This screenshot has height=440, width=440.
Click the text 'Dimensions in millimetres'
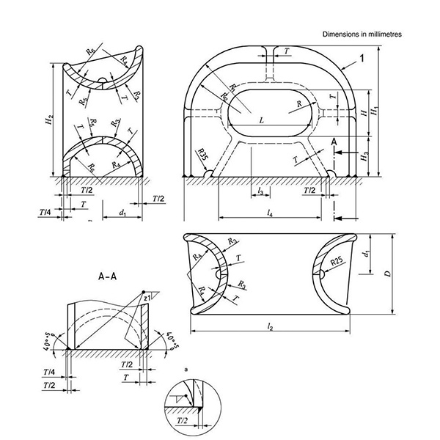pyautogui.click(x=362, y=34)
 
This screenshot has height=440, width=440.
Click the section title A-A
pyautogui.click(x=109, y=278)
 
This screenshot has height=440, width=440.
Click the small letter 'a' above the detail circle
pyautogui.click(x=188, y=370)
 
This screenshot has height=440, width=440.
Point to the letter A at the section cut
pyautogui.click(x=334, y=141)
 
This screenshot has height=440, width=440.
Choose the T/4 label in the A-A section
pyautogui.click(x=49, y=372)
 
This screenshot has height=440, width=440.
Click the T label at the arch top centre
pyautogui.click(x=287, y=52)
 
